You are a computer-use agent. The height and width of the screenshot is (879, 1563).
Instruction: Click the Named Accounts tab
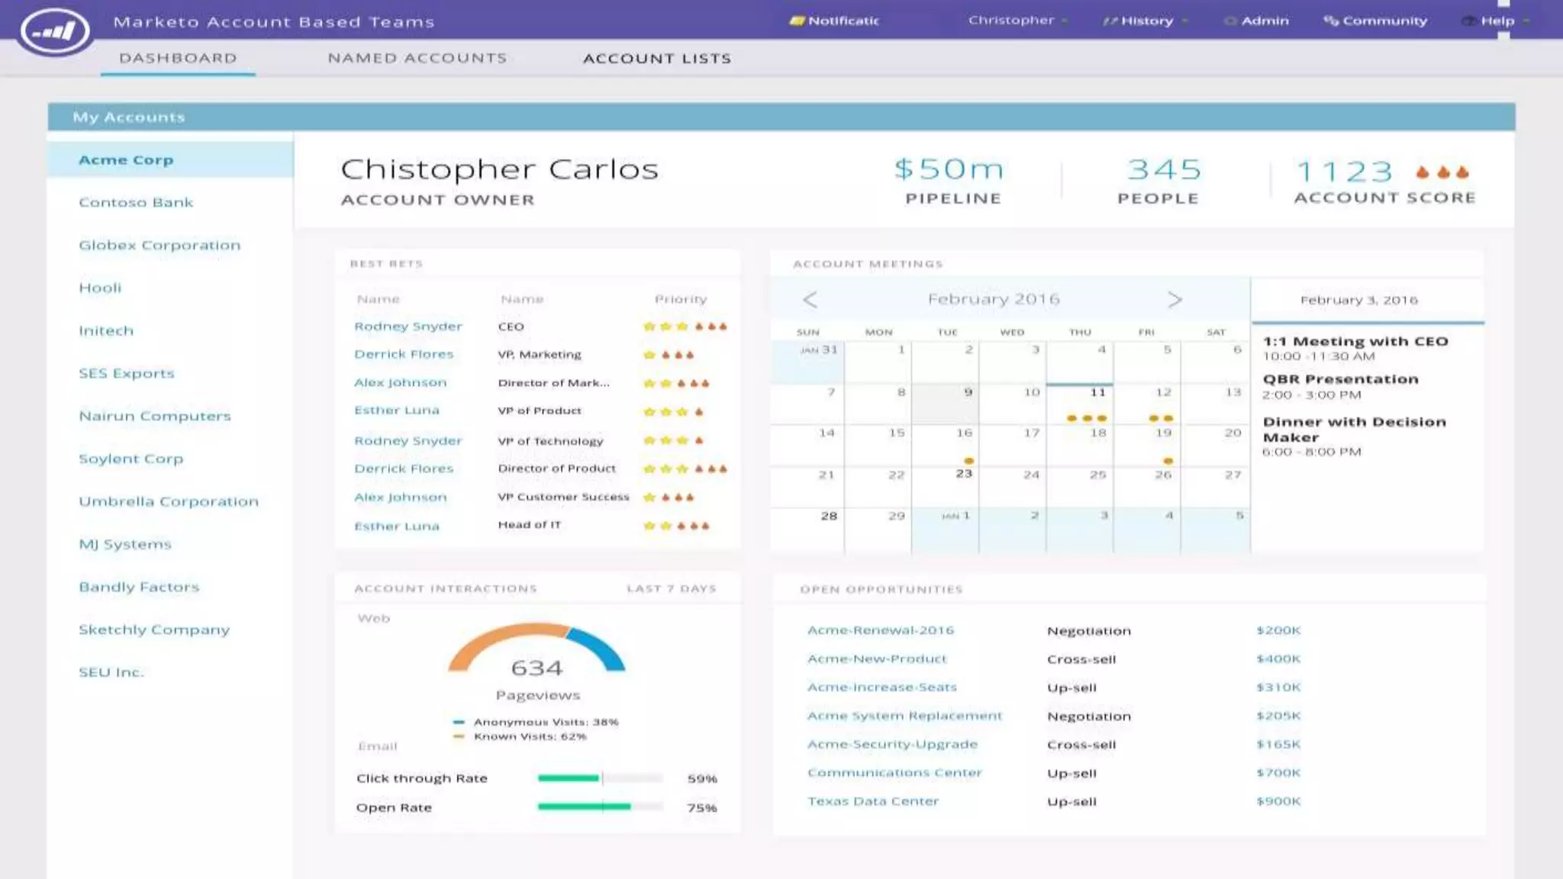417,58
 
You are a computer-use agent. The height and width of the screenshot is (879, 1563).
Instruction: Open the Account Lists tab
656,59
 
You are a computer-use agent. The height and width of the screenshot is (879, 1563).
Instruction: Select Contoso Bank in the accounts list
136,202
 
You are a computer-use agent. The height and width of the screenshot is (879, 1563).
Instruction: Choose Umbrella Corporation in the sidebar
169,501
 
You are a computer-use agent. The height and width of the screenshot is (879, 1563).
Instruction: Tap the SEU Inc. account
111,672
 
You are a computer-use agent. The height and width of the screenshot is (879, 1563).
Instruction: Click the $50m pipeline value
949,169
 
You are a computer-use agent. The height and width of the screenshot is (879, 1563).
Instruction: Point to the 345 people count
1164,169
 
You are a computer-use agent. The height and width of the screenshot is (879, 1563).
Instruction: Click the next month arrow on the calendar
1175,300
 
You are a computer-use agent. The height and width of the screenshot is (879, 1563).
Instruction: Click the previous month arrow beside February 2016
811,300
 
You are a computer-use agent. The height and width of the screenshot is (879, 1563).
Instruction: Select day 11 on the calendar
1097,392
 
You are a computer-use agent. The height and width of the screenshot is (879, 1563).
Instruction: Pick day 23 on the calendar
964,474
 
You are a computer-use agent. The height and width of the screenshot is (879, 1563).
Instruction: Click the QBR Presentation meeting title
1340,379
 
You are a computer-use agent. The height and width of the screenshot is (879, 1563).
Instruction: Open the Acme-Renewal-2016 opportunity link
881,630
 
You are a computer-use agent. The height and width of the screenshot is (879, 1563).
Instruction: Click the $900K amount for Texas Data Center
1278,801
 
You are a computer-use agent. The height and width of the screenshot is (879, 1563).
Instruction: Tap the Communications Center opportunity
894,773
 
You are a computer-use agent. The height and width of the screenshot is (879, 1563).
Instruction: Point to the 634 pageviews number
537,668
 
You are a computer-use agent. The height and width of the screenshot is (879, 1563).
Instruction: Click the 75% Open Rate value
701,808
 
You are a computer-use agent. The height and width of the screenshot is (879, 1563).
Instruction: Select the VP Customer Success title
563,497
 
